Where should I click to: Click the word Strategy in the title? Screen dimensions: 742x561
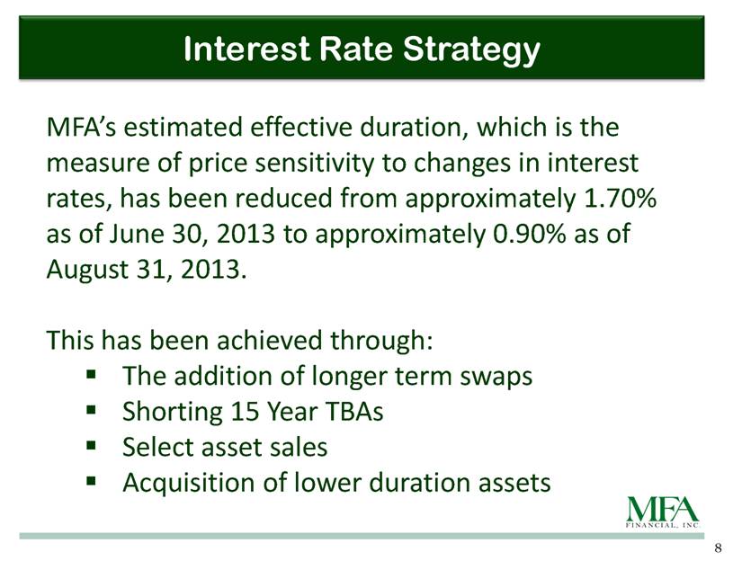click(x=471, y=50)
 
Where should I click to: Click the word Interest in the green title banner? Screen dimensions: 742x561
click(x=246, y=49)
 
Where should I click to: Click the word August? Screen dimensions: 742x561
click(x=88, y=271)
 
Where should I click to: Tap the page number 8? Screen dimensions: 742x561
click(x=719, y=548)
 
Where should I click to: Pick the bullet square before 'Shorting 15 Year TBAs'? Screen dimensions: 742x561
click(x=92, y=410)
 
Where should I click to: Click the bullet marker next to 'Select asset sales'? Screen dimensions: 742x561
click(x=92, y=445)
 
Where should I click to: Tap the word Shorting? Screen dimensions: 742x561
click(x=173, y=412)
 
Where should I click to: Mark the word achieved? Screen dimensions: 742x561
click(x=269, y=341)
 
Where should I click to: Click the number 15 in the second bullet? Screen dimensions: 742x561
click(x=244, y=412)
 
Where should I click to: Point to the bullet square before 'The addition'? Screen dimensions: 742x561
click(x=92, y=374)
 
